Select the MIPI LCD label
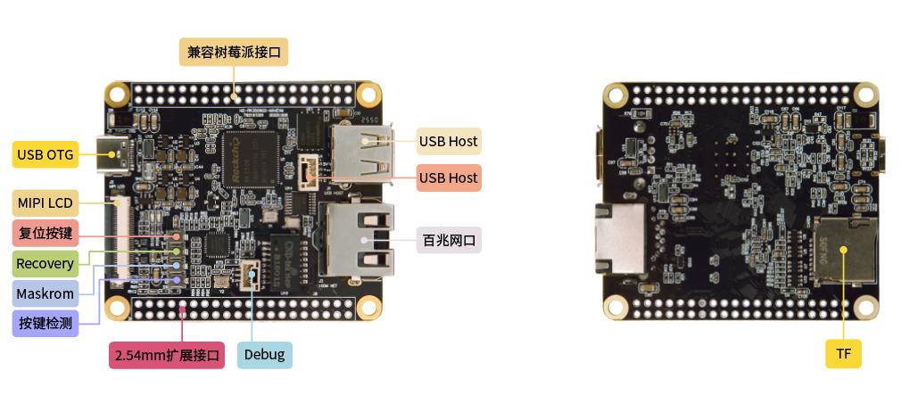pyautogui.click(x=45, y=202)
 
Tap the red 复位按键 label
pyautogui.click(x=45, y=234)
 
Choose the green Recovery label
pyautogui.click(x=45, y=263)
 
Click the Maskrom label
pyautogui.click(x=45, y=293)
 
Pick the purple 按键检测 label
pyautogui.click(x=45, y=323)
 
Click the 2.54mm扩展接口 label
pyautogui.click(x=167, y=355)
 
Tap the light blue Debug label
pyautogui.click(x=265, y=355)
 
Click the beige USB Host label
pyautogui.click(x=448, y=141)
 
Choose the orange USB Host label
pyautogui.click(x=448, y=177)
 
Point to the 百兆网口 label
pyautogui.click(x=449, y=240)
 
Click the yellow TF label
pyautogui.click(x=843, y=354)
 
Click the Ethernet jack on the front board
pyautogui.click(x=354, y=240)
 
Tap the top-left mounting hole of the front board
pyautogui.click(x=118, y=94)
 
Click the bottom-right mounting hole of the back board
pyautogui.click(x=865, y=308)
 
